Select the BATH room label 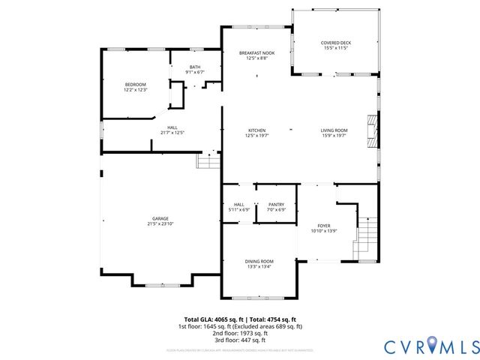(195, 66)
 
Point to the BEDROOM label (135, 84)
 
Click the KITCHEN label (257, 130)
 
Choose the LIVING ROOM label (334, 130)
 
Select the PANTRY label (276, 204)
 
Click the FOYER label (324, 225)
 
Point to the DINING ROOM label (259, 260)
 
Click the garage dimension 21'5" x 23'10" (158, 223)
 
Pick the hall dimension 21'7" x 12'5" (172, 133)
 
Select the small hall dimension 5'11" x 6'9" (239, 209)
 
